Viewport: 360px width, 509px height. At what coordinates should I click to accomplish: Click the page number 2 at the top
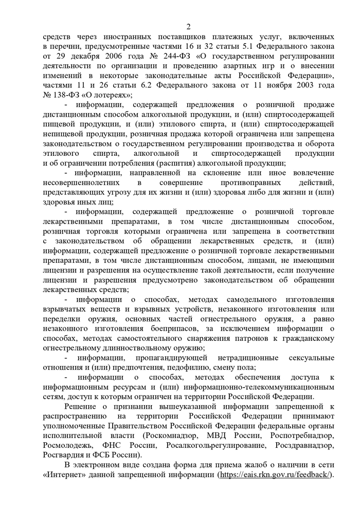point(188,27)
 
